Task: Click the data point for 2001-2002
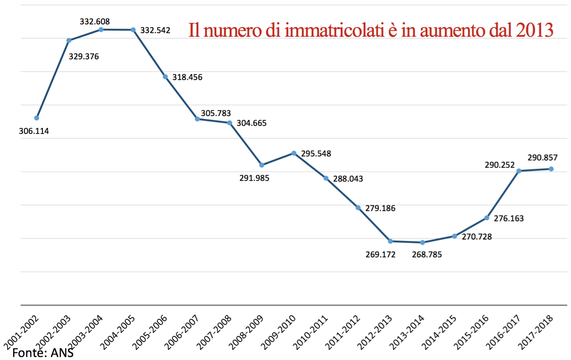click(37, 118)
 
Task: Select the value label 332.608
click(95, 21)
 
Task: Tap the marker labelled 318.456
click(165, 77)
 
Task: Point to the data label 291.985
click(254, 178)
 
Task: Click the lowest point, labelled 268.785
click(423, 242)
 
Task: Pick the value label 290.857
click(542, 157)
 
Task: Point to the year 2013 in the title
click(534, 30)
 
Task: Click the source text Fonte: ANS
click(43, 353)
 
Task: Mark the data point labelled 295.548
click(294, 153)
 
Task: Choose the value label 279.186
click(380, 208)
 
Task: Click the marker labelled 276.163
click(487, 218)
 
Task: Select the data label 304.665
click(251, 123)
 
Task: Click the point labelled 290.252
click(519, 171)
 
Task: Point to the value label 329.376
click(84, 56)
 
